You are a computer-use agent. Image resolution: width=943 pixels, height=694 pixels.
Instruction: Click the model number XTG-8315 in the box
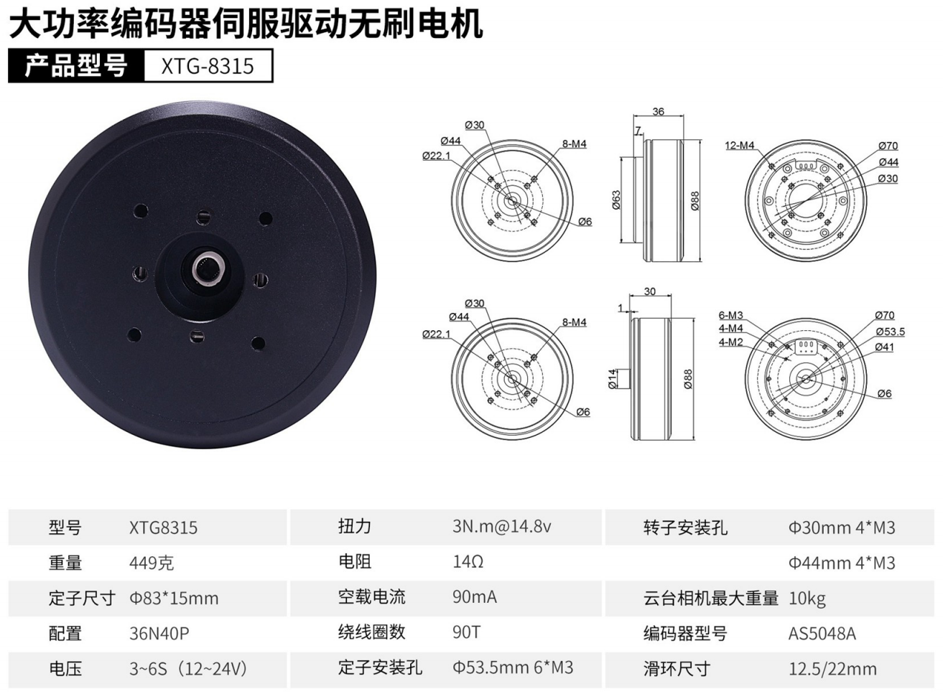click(208, 66)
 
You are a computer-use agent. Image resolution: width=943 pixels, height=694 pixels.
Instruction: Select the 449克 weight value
click(152, 563)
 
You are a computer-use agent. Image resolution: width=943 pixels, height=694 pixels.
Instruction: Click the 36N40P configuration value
click(159, 633)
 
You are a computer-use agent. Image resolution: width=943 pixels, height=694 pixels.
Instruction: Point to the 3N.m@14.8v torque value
click(501, 526)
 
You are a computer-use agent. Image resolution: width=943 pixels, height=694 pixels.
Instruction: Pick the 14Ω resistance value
click(468, 562)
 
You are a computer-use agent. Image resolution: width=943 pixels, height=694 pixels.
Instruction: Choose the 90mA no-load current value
click(475, 597)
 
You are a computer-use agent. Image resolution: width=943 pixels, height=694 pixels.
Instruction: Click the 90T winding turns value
click(466, 632)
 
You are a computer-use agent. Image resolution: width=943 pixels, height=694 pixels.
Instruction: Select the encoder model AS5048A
click(822, 634)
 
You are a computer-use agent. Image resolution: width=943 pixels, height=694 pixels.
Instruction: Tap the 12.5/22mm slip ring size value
click(832, 669)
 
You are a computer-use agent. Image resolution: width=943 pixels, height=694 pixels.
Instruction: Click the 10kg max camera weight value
click(807, 599)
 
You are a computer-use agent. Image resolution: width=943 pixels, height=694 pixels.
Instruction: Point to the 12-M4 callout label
click(740, 146)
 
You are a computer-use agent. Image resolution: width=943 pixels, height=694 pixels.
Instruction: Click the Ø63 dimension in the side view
click(616, 200)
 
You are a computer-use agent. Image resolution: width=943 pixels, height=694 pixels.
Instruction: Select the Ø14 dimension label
click(613, 379)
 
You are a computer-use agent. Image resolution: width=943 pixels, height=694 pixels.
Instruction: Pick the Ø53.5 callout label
click(891, 332)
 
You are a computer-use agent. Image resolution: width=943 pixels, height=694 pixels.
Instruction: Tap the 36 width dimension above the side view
click(658, 111)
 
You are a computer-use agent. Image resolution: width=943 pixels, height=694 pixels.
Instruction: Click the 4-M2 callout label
click(731, 342)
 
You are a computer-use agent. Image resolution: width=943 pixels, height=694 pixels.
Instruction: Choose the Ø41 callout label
click(884, 347)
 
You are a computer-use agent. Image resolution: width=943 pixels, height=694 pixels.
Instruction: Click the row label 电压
click(65, 669)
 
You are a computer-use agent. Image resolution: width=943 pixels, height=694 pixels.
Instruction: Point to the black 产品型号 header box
click(76, 66)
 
